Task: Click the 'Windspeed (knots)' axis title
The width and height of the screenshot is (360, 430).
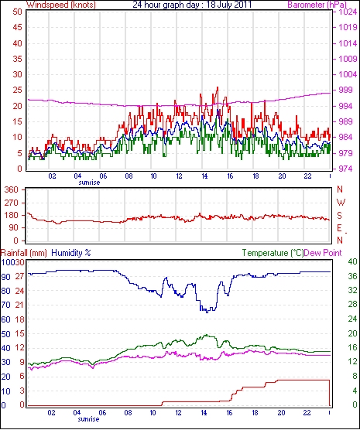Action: (x=61, y=5)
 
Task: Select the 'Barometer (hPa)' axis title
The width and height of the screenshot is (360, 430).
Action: (x=317, y=5)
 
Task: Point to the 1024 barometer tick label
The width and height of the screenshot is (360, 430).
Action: (x=347, y=12)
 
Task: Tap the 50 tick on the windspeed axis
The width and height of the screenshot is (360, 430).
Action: (x=17, y=12)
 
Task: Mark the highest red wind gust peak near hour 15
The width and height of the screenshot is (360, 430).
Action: (x=218, y=87)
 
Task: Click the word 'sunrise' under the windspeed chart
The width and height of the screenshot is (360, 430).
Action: (x=89, y=183)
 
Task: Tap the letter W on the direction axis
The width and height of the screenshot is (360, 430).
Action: (x=341, y=203)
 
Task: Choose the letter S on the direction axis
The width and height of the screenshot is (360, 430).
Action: (x=340, y=216)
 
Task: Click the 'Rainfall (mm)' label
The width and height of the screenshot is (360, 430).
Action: (x=24, y=253)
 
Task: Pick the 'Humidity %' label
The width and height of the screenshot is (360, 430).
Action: (x=71, y=253)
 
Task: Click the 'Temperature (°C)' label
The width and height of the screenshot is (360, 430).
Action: (x=273, y=253)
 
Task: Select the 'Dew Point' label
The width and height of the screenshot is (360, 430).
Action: (x=323, y=253)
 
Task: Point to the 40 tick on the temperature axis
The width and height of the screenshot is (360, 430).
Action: (x=352, y=261)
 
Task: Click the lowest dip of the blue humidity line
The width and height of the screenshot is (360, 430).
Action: (x=207, y=312)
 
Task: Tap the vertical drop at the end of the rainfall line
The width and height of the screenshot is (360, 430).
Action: (x=329, y=393)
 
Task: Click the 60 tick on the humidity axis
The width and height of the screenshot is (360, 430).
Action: (x=5, y=319)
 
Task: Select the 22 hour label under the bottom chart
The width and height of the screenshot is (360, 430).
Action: (x=307, y=412)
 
